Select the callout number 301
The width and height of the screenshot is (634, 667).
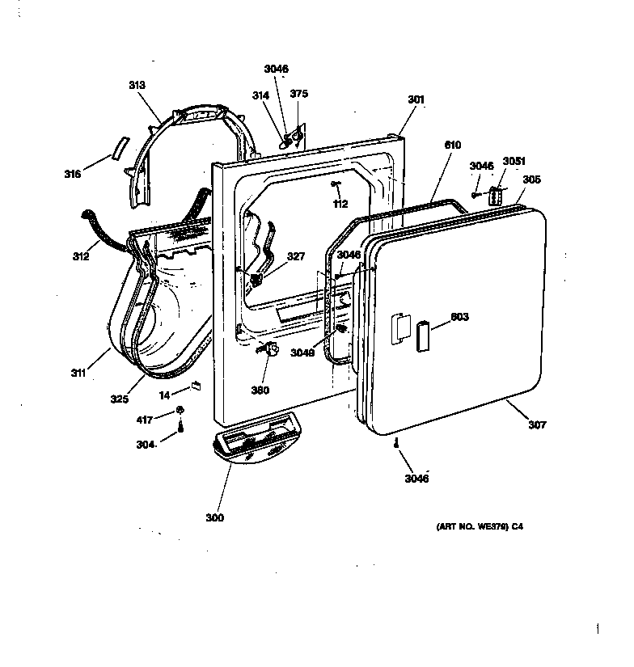pos(416,99)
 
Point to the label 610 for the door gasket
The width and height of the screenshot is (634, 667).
pos(452,145)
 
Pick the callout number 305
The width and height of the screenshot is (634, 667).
pos(532,179)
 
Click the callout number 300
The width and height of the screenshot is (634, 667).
pos(214,517)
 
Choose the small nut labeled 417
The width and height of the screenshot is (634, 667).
pos(182,410)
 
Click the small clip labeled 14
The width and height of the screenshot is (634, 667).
pos(195,386)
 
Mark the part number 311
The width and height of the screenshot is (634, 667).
pos(78,374)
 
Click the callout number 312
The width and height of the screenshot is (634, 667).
pos(80,257)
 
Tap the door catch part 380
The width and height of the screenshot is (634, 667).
pos(268,349)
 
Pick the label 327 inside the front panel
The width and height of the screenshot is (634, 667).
pos(296,256)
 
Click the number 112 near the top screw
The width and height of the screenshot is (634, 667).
pos(340,203)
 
